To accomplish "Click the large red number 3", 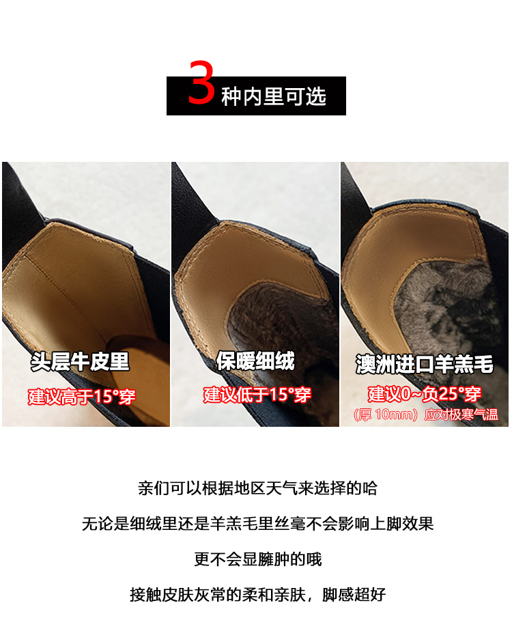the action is [201, 82].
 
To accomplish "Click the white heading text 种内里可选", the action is [274, 96].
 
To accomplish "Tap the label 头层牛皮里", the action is [80, 361].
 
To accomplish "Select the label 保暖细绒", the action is [255, 360].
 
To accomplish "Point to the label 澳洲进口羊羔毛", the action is [425, 364].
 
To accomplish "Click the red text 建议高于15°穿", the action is [82, 396].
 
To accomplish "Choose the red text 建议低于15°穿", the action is [257, 395].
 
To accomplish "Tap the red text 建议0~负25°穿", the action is [425, 393].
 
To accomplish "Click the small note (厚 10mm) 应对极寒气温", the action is [425, 414].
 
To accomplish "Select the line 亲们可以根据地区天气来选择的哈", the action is [258, 488].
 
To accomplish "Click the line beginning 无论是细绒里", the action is [258, 524].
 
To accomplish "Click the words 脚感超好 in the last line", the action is [354, 594].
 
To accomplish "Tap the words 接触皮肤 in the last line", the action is [162, 594].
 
